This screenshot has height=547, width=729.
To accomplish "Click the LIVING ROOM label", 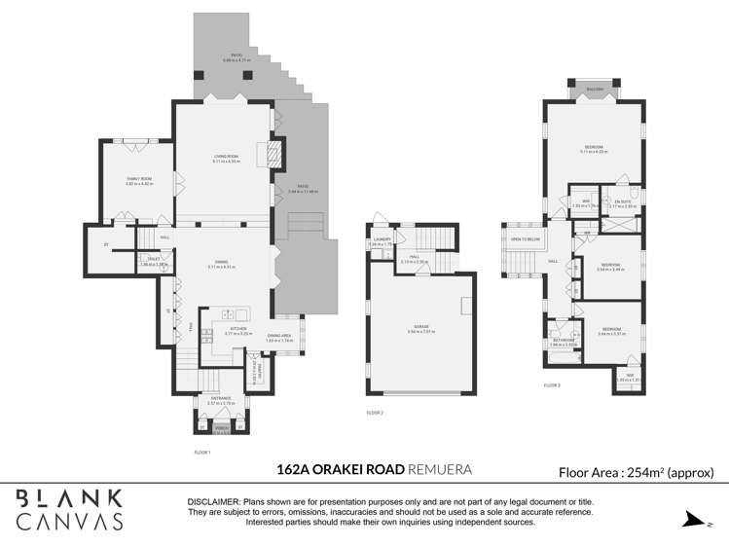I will [x=226, y=158].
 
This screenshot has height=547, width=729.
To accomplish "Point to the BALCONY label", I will [x=594, y=90].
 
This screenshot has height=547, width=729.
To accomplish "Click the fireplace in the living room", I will [x=275, y=151].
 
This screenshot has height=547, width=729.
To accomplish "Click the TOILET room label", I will [x=154, y=260].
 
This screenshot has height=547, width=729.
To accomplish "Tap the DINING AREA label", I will [x=276, y=338].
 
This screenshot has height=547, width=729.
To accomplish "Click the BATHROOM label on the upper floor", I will [x=563, y=341].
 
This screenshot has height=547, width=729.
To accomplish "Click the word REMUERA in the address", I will [x=440, y=470].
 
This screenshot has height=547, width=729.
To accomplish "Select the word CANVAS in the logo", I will [x=70, y=521].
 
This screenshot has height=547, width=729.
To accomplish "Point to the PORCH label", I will [x=221, y=425].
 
